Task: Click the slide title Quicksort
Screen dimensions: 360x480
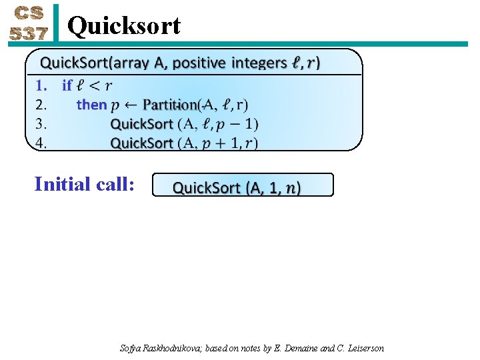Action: pyautogui.click(x=124, y=26)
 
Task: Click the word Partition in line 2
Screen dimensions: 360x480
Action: pyautogui.click(x=171, y=105)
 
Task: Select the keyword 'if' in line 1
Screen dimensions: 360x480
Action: pyautogui.click(x=67, y=85)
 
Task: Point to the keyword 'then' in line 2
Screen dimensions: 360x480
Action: pyautogui.click(x=92, y=105)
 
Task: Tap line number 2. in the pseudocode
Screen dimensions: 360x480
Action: pyautogui.click(x=41, y=105)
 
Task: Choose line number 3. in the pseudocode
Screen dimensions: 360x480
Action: pyautogui.click(x=41, y=124)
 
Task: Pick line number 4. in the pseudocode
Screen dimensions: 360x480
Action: pyautogui.click(x=41, y=143)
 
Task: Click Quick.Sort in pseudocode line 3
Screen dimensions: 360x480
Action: pyautogui.click(x=141, y=124)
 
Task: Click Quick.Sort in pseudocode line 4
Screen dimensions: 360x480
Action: pyautogui.click(x=141, y=143)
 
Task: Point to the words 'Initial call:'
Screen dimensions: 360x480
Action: pyautogui.click(x=85, y=183)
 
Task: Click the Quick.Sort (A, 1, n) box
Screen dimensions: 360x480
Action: pyautogui.click(x=243, y=185)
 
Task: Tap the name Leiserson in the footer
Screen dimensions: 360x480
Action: pyautogui.click(x=363, y=348)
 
